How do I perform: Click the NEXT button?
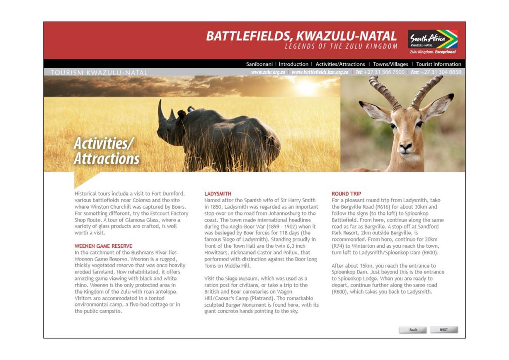tap(444, 330)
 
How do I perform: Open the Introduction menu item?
tap(293, 64)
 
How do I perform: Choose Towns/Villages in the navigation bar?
tap(390, 64)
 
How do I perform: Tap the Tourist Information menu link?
tap(439, 64)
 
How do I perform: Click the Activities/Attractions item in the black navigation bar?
tap(340, 64)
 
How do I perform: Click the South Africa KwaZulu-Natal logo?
tap(432, 41)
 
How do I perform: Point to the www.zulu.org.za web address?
tap(268, 72)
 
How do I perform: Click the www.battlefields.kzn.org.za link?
tap(320, 72)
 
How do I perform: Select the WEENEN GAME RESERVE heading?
tap(103, 246)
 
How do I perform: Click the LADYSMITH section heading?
tap(218, 194)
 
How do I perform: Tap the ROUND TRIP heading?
tap(346, 194)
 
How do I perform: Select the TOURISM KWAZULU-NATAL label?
tap(99, 73)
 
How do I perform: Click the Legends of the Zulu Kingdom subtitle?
tap(341, 46)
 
